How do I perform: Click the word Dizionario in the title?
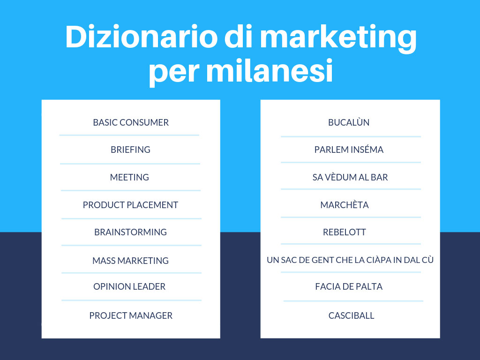[142, 37]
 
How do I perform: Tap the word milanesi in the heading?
[270, 71]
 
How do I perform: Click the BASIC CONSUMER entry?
[131, 122]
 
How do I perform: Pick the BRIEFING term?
[130, 150]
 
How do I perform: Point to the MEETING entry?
[129, 177]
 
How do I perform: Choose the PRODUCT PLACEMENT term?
[130, 205]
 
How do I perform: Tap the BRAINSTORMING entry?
[130, 232]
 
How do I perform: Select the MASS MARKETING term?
[130, 261]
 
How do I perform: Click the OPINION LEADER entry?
[129, 286]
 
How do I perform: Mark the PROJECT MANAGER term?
[131, 315]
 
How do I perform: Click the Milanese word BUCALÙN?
[349, 122]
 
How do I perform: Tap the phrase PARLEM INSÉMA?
[349, 150]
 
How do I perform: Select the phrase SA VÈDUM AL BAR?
[350, 177]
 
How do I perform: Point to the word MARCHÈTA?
[345, 204]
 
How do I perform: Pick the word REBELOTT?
[345, 232]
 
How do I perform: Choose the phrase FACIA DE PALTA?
[349, 286]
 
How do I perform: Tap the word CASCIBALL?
[351, 315]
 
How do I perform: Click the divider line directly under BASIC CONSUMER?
[129, 135]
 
